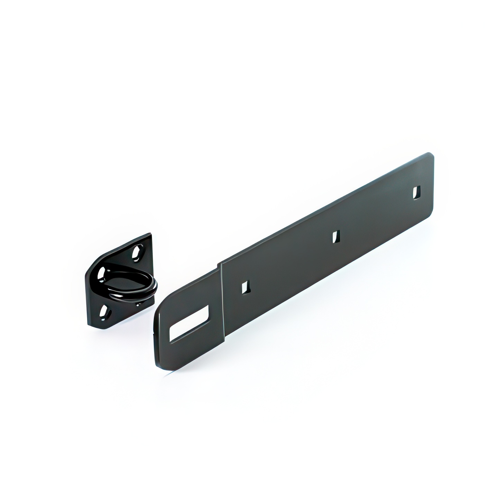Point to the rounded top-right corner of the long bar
pos(431,155)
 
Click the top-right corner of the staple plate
pos(150,235)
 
